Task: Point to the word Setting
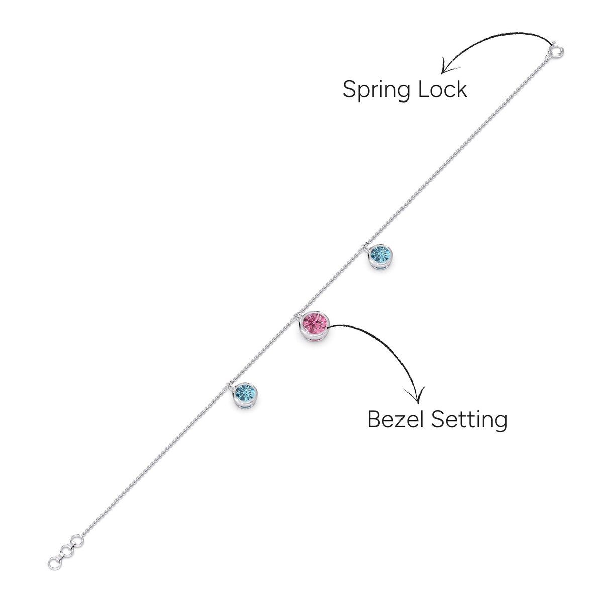click(469, 420)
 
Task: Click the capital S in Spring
click(350, 89)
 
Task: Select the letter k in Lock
click(462, 89)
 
